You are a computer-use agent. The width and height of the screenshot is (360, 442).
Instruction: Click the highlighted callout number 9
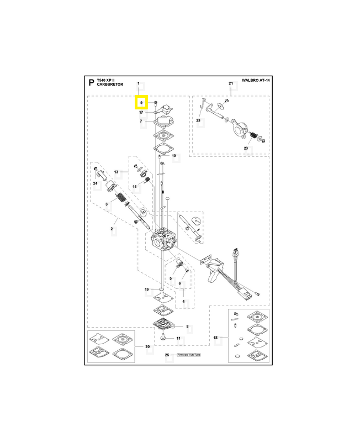pyautogui.click(x=141, y=103)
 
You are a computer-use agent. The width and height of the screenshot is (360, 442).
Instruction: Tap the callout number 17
pyautogui.click(x=141, y=112)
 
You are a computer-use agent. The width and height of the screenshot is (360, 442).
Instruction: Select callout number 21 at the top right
pyautogui.click(x=231, y=83)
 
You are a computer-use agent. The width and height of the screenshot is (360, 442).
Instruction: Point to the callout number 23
pyautogui.click(x=246, y=148)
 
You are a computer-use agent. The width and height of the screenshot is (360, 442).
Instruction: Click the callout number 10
pyautogui.click(x=174, y=156)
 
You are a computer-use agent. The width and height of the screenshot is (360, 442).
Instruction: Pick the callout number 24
pyautogui.click(x=95, y=183)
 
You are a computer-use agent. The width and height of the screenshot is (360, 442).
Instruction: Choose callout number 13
pyautogui.click(x=117, y=172)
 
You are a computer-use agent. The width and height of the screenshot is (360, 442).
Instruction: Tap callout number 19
pyautogui.click(x=146, y=290)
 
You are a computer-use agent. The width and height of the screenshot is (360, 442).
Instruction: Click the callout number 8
pyautogui.click(x=187, y=327)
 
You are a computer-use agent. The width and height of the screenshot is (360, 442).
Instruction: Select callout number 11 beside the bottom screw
pyautogui.click(x=178, y=338)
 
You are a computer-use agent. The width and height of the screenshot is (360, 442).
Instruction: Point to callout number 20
pyautogui.click(x=147, y=346)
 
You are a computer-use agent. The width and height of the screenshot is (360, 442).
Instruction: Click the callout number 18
pyautogui.click(x=215, y=338)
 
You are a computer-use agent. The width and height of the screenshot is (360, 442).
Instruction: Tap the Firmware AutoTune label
pyautogui.click(x=189, y=355)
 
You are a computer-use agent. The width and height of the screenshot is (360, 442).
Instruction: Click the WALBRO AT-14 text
pyautogui.click(x=256, y=80)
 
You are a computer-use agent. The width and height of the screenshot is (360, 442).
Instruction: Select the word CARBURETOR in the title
pyautogui.click(x=110, y=85)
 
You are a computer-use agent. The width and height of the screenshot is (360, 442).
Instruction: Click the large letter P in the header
pyautogui.click(x=91, y=82)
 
